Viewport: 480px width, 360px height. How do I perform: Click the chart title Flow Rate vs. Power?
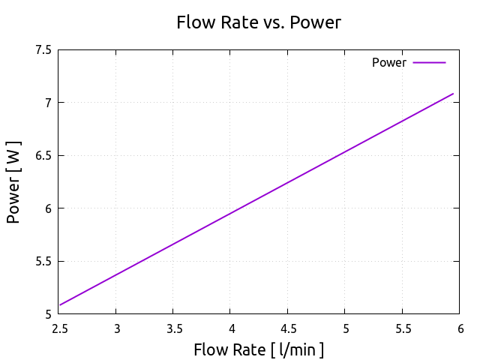258,22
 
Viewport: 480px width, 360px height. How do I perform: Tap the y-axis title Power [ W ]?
13,182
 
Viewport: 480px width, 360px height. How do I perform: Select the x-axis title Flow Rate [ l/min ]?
259,349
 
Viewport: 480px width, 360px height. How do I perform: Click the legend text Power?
388,63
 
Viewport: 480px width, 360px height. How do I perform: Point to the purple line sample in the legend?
429,63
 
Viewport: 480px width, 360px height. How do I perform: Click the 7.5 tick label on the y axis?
43,50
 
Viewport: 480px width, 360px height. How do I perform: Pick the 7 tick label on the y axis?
48,103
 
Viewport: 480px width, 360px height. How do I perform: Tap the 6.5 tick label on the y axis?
43,156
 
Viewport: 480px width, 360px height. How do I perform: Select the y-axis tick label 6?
48,208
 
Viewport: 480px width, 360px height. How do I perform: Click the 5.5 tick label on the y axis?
43,262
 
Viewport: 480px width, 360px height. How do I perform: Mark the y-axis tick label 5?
48,314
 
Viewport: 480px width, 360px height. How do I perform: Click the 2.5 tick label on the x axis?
58,328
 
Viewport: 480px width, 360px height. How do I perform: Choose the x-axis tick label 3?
116,328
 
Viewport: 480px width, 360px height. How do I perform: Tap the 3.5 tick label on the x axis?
173,328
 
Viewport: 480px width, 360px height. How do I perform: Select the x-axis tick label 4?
231,328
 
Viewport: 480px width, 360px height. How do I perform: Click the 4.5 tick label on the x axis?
288,328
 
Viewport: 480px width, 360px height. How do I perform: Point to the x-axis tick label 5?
346,328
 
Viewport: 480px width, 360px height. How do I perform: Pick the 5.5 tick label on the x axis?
403,328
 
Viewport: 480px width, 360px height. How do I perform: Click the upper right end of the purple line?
454,94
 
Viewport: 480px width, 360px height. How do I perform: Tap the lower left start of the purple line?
58,305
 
